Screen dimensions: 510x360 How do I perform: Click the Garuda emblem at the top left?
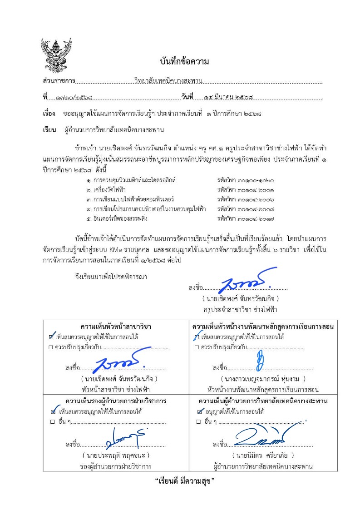tap(56, 55)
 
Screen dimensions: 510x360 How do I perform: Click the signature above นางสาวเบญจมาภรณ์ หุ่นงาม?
tap(260, 362)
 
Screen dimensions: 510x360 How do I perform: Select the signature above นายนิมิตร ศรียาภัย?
tap(260, 437)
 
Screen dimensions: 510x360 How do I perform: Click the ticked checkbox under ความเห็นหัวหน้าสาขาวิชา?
tap(51, 337)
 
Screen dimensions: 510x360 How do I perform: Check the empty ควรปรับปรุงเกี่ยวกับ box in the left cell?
tap(51, 347)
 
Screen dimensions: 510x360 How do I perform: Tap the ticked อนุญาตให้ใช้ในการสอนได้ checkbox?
tap(200, 411)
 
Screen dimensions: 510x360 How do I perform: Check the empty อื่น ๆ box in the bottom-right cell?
tap(199, 422)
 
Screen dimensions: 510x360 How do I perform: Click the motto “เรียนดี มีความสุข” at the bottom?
tap(184, 481)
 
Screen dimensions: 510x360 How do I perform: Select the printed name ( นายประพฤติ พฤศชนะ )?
tap(116, 455)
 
